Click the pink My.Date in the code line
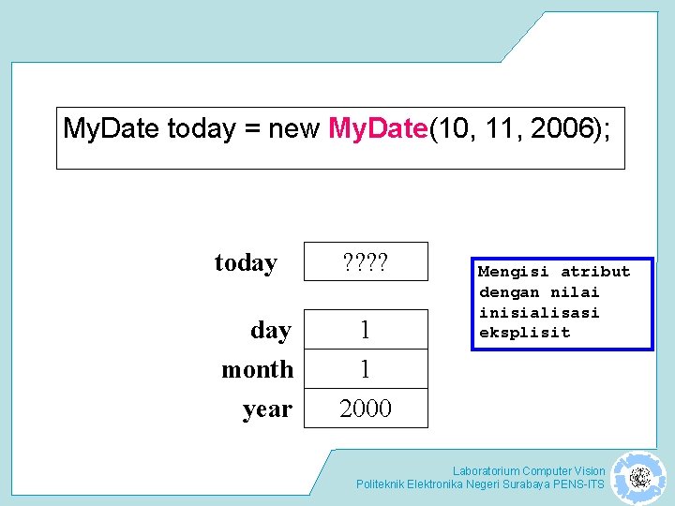(379, 128)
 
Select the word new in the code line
(293, 128)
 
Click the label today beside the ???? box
(246, 263)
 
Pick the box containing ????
(366, 262)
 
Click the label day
(271, 331)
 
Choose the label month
(257, 370)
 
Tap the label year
(267, 409)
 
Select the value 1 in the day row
(366, 331)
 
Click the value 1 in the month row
(366, 370)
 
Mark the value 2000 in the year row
(366, 409)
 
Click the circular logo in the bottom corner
(639, 478)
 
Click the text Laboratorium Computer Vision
(529, 470)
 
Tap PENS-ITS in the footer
(582, 484)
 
